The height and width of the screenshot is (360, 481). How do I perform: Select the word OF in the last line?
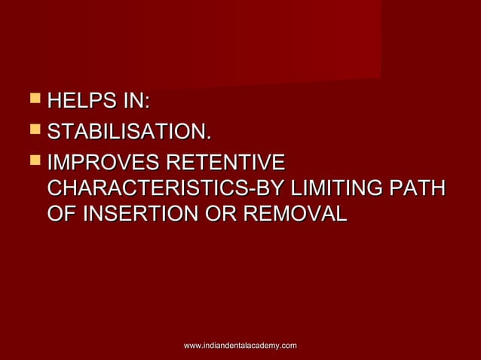point(61,213)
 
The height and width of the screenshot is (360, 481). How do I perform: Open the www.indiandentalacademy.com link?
point(240,345)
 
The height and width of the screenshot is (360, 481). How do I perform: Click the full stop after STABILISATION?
point(207,139)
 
